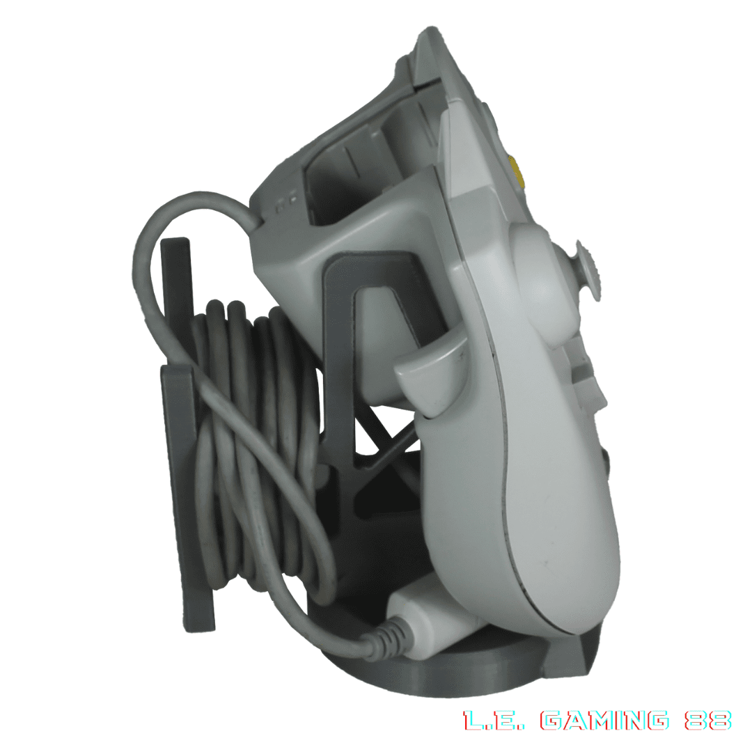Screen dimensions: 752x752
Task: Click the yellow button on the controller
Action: click(x=517, y=172)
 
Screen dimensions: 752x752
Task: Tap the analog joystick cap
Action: click(x=590, y=271)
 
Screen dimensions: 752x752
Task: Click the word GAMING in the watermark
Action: click(x=604, y=721)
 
